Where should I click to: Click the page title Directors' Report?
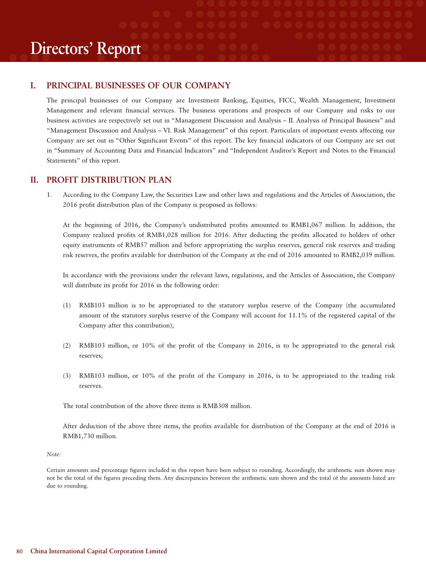[x=85, y=49]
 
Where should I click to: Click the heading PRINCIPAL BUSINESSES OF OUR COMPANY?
[x=139, y=86]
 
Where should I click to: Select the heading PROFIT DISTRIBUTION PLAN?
[x=109, y=180]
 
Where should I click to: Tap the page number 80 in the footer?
[x=19, y=551]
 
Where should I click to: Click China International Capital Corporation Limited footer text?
[x=98, y=551]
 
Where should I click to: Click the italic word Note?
[x=54, y=455]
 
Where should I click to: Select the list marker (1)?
[x=67, y=305]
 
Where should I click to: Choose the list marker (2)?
[x=67, y=345]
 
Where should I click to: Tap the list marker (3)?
[x=67, y=376]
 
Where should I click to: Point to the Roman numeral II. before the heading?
[x=34, y=180]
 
